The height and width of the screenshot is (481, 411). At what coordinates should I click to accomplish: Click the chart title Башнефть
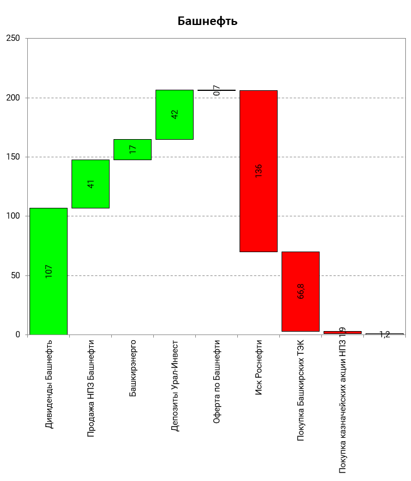tap(207, 22)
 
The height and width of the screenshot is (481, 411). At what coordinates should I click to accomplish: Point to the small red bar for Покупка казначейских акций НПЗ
tap(342, 332)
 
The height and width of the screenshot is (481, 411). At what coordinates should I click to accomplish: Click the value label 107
tap(49, 271)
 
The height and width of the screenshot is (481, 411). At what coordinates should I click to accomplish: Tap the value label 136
tap(259, 170)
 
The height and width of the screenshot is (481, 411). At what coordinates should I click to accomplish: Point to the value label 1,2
tap(384, 334)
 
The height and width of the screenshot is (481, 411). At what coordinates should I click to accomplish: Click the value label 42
tap(175, 114)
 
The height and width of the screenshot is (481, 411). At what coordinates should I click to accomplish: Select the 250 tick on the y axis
tap(13, 39)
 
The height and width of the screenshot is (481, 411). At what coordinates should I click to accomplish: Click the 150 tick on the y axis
tap(13, 157)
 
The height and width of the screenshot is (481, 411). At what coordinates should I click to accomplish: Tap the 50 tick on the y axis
tap(15, 275)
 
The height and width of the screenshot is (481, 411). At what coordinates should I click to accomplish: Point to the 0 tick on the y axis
tap(18, 334)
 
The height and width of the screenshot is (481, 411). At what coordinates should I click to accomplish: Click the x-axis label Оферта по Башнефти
tap(217, 382)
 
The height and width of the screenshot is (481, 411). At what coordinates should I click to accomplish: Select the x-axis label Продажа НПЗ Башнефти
tap(91, 388)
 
